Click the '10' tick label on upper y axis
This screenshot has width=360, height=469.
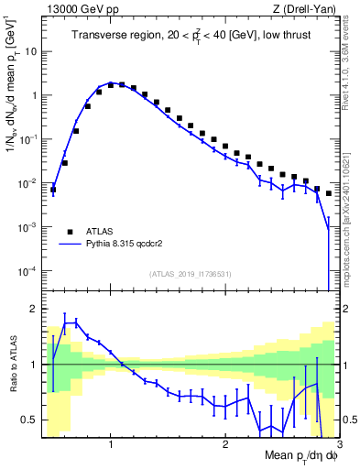(30, 51)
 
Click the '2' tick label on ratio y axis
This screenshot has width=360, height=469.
(34, 309)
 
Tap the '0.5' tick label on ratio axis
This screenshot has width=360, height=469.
(29, 420)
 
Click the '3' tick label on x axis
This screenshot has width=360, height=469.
(337, 444)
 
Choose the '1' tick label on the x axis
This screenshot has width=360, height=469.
(111, 444)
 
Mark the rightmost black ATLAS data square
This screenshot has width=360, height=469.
(329, 193)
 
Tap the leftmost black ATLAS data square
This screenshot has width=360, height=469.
(53, 190)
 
